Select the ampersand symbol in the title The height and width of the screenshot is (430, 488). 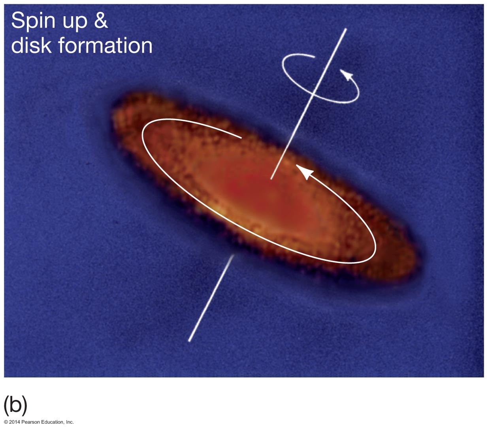pos(101,20)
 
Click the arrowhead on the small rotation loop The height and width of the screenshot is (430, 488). pos(346,74)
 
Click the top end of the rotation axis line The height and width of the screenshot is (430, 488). pos(346,29)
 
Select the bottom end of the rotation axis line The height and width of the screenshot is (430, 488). pos(189,341)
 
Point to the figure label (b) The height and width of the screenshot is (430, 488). pos(15,405)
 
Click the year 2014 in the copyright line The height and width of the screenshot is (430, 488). pos(15,422)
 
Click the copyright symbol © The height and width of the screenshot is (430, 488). pos(6,422)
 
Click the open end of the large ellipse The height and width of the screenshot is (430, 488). pos(241,138)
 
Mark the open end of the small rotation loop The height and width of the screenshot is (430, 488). pos(314,57)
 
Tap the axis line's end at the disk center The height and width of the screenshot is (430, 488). pos(271,179)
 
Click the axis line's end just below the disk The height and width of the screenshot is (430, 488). pos(233,255)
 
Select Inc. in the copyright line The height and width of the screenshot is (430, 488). pos(70,422)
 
